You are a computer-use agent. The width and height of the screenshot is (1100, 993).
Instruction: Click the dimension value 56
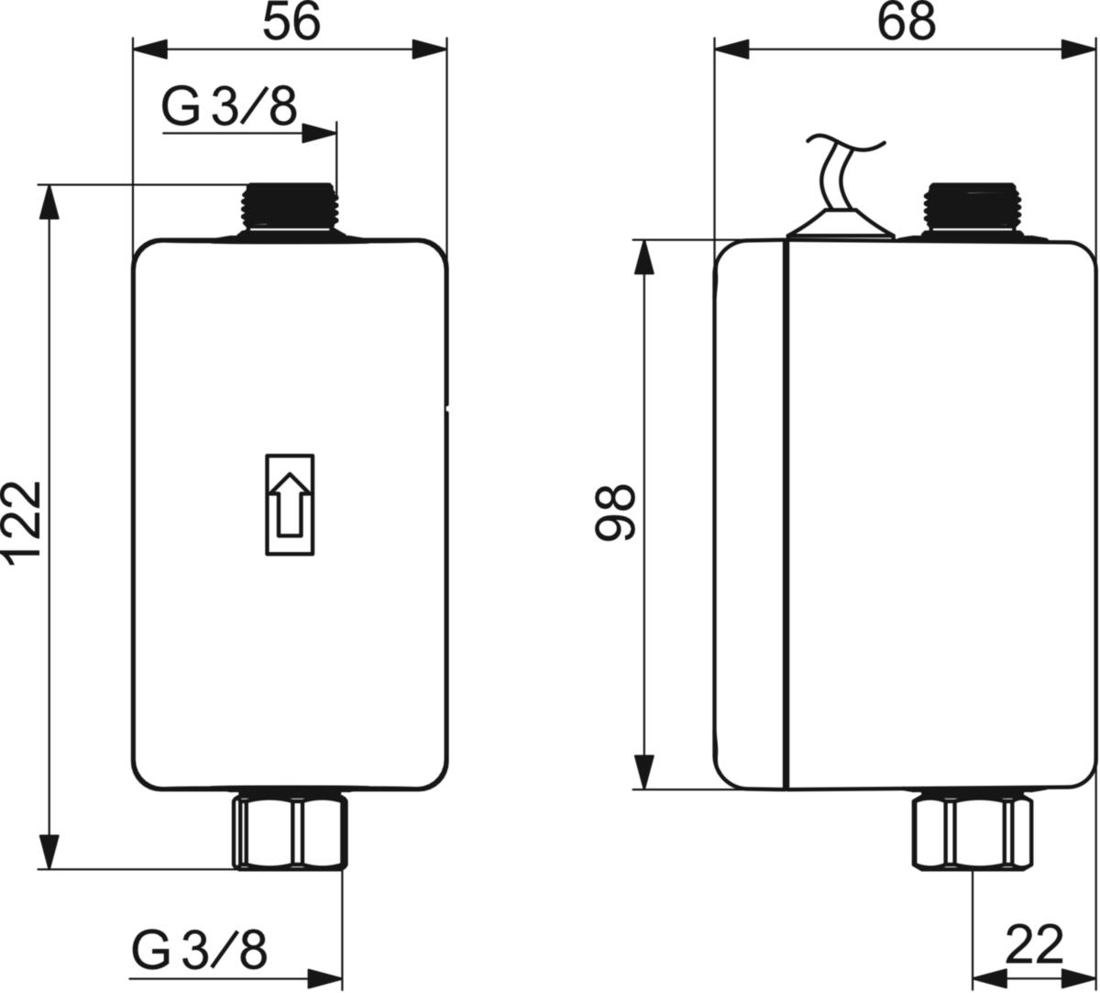click(291, 22)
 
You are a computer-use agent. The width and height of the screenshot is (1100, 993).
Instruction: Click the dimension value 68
click(907, 22)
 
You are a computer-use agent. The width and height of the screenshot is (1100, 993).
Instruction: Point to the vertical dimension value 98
click(615, 513)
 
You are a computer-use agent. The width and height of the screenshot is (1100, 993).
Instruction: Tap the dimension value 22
click(1034, 943)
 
